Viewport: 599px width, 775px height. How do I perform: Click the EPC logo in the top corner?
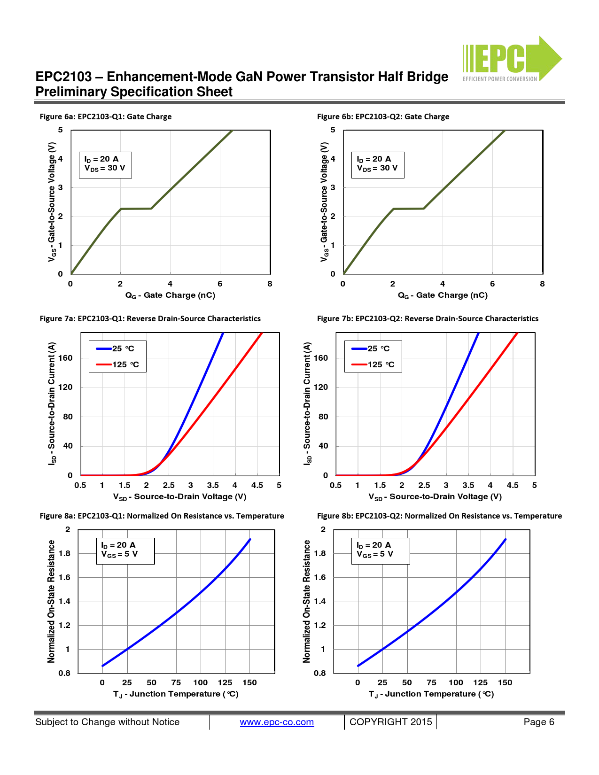tap(512, 59)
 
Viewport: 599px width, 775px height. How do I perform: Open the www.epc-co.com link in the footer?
tap(277, 722)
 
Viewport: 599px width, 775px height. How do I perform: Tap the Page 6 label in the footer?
tap(538, 722)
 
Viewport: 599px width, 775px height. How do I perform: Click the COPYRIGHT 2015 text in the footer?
tap(390, 722)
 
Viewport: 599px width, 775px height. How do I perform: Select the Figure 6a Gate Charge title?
tap(106, 116)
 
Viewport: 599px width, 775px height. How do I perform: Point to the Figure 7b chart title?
tap(428, 318)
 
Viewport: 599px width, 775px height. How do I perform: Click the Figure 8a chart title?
tap(162, 516)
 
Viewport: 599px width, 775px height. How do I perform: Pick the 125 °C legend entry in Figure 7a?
tap(118, 364)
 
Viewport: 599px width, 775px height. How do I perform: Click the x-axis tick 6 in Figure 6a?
tap(220, 284)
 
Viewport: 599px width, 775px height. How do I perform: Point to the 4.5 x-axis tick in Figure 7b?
tap(513, 485)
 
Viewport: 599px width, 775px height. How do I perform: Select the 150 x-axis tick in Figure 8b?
tap(505, 682)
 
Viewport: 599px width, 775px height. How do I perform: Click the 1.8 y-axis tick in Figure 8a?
tap(65, 553)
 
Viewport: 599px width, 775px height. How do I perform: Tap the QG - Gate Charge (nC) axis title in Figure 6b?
tap(443, 295)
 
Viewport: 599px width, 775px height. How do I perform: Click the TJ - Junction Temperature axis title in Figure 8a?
tap(176, 694)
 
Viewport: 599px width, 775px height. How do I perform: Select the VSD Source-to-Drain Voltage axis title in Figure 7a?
tap(179, 497)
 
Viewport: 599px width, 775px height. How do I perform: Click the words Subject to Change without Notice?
tap(107, 722)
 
